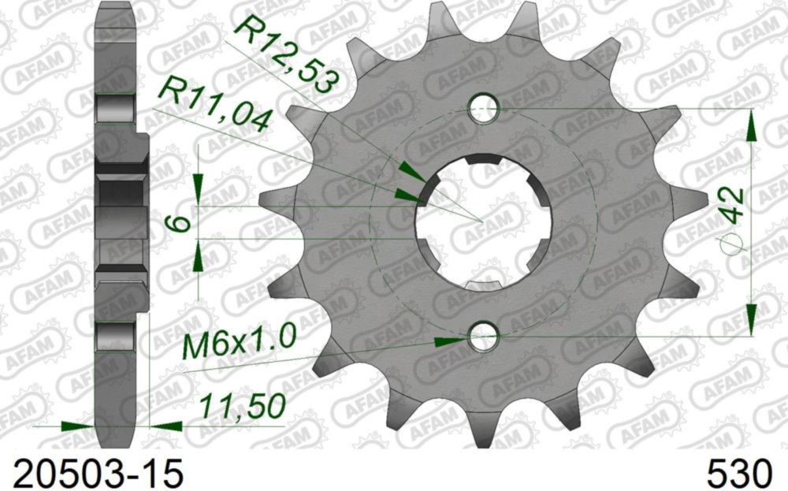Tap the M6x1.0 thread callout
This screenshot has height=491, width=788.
[x=239, y=344]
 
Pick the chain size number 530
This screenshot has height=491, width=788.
[x=740, y=474]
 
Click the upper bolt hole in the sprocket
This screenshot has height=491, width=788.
[x=484, y=109]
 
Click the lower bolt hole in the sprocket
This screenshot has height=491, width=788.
[x=483, y=338]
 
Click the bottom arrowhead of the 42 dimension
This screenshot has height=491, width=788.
[x=750, y=318]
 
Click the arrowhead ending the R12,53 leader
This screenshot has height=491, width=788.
[x=411, y=171]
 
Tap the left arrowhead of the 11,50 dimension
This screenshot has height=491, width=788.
[x=78, y=426]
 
